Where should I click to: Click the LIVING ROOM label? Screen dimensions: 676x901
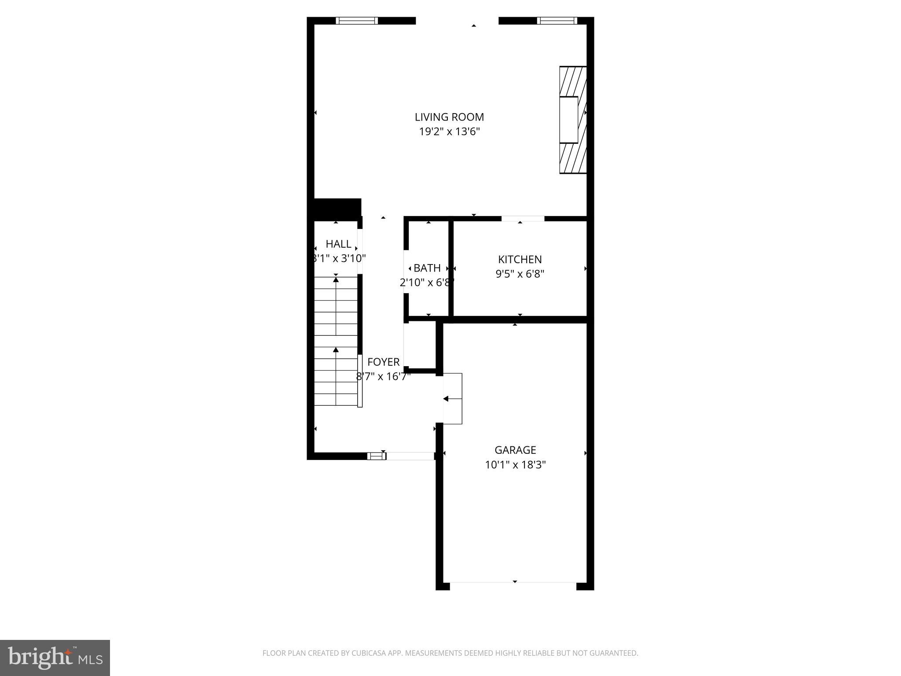point(449,117)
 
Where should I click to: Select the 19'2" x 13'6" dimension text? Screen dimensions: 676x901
point(449,132)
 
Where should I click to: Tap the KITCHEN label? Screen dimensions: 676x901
point(520,259)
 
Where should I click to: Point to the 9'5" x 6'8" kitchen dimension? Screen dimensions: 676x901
point(520,274)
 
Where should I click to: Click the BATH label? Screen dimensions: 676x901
point(427,268)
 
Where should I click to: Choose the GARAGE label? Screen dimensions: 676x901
point(515,450)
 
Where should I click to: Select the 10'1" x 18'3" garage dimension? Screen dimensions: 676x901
point(515,465)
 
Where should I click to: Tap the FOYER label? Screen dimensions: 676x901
point(383,362)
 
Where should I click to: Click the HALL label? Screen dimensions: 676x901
point(338,244)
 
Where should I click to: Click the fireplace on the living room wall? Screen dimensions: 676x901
point(572,120)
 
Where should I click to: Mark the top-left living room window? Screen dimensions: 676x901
point(356,20)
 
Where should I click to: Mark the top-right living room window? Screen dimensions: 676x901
point(557,20)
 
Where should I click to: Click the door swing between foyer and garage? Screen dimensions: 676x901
point(453,399)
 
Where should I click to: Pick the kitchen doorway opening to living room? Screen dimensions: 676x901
point(523,219)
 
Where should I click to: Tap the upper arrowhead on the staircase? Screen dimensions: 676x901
point(336,280)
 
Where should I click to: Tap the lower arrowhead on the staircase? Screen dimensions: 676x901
point(336,350)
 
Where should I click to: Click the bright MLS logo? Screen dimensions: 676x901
point(55,658)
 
